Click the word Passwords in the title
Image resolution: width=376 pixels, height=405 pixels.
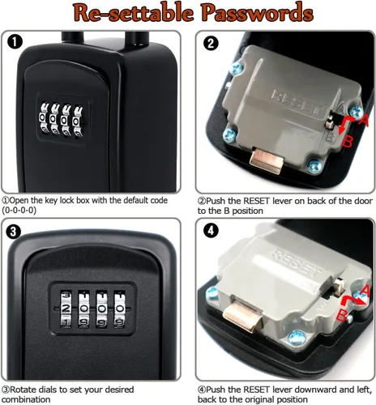coord(258,12)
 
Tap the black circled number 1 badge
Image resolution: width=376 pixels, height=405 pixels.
coord(15,41)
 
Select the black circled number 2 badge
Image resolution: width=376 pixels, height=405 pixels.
coord(211,43)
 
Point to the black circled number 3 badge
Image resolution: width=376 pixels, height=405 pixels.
coord(13,231)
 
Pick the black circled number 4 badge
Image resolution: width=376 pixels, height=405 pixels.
coord(211,231)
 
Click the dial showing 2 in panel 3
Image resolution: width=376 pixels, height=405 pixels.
coord(66,309)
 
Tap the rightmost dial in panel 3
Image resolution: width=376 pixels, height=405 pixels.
coord(119,309)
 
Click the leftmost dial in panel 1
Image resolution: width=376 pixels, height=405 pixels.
coord(44,118)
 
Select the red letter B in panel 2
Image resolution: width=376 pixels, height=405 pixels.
coord(348,141)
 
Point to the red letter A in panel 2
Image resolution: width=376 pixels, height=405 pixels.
coord(364,121)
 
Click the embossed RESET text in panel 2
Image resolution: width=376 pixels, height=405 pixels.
coord(298,103)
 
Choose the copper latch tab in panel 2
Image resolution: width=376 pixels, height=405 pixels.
coord(266,160)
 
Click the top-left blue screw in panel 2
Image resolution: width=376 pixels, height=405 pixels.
coord(236,68)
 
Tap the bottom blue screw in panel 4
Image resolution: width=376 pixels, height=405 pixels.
coord(297,339)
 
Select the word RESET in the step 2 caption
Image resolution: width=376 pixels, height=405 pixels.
coord(257,201)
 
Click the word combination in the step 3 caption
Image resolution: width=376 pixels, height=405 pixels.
coord(26,399)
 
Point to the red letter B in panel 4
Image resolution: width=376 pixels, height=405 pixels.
coord(342,315)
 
